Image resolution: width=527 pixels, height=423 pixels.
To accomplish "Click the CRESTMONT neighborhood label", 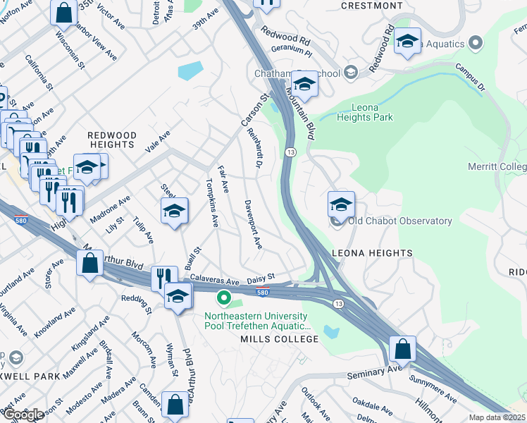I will point(371,6).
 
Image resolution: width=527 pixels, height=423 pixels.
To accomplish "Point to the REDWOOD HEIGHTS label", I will point(111,139).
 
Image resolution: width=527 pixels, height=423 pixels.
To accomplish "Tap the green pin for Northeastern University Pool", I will point(224,299).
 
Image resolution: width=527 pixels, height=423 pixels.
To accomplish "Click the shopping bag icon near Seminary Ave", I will point(402,348).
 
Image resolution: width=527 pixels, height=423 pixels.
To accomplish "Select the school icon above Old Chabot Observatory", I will point(341,205).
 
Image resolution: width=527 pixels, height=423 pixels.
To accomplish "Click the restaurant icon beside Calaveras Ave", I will point(163,278).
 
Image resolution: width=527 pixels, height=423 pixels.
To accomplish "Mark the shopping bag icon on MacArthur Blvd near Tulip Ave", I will point(90,264).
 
